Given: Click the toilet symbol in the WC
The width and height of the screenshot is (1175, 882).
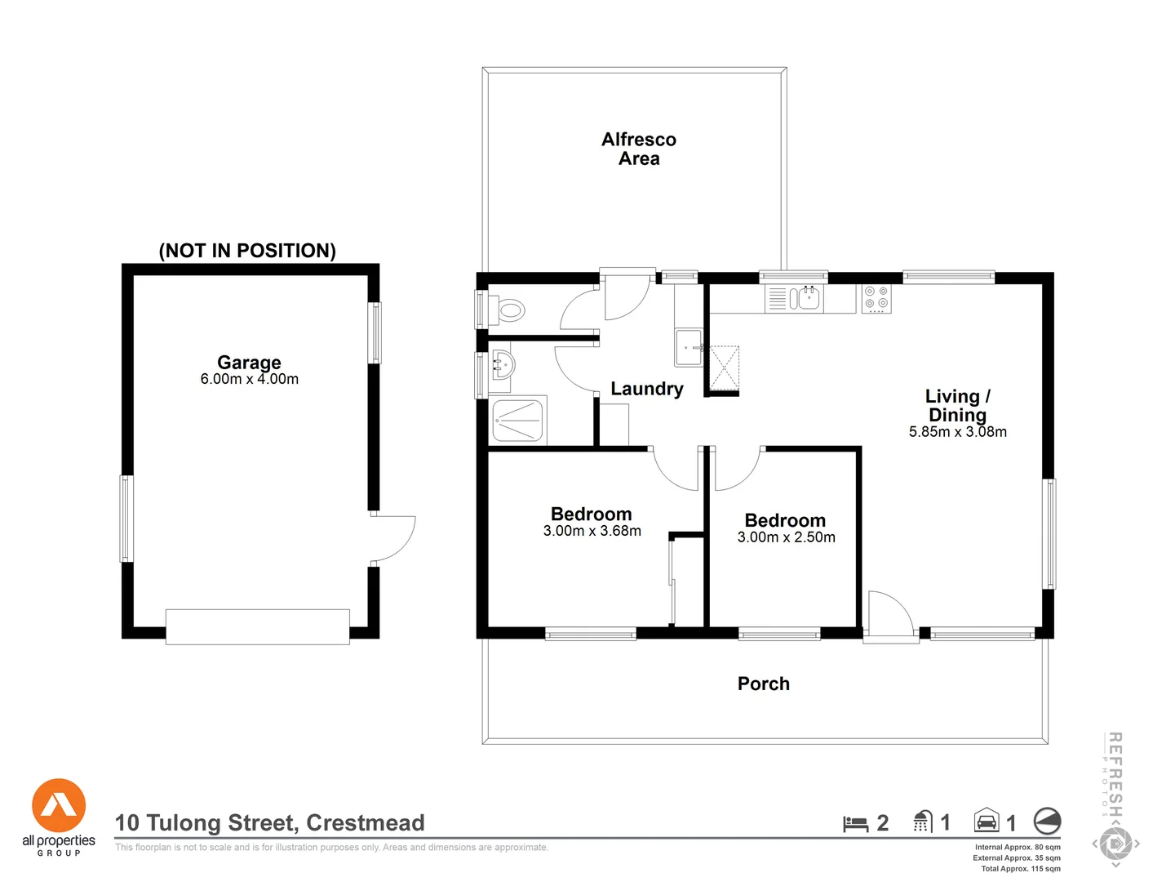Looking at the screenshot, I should [510, 310].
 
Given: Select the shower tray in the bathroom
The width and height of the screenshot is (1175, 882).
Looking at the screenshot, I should [517, 421].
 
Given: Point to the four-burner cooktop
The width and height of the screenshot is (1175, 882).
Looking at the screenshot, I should [876, 299].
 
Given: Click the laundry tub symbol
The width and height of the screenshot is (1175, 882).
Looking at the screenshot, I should [689, 348].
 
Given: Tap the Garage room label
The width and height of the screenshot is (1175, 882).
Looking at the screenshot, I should [249, 362].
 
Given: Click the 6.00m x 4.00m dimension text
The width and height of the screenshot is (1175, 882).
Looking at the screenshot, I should [250, 379].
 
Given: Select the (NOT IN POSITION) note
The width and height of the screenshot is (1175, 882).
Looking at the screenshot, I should [247, 251].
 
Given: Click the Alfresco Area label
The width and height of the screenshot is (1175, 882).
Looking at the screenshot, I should [639, 149].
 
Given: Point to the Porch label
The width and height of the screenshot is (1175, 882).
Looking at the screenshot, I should [764, 684].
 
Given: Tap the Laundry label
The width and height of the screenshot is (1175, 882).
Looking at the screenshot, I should [647, 389].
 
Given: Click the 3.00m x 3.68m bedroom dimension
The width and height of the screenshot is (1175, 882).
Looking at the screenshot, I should [592, 531].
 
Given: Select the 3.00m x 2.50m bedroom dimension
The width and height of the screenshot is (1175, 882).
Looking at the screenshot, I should [787, 537].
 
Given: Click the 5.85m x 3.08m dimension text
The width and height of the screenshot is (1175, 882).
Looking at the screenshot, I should [958, 432].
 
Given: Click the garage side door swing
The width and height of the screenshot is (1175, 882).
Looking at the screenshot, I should [393, 539].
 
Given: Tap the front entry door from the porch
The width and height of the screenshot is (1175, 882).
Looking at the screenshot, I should [890, 615].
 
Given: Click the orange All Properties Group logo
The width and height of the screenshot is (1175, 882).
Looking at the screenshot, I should [59, 806].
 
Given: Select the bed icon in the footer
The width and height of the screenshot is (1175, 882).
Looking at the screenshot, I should [855, 823].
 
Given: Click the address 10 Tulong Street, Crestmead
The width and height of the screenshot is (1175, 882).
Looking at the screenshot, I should [270, 822].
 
